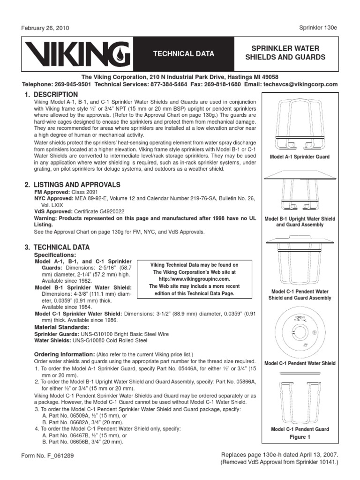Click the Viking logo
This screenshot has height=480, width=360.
point(75,53)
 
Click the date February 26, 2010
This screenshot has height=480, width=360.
point(45,28)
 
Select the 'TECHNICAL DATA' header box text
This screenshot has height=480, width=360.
point(180,54)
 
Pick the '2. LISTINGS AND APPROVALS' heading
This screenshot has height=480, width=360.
point(73,185)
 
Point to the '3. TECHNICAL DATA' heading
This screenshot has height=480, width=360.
point(57,247)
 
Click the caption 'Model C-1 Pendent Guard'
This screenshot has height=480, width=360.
point(300,429)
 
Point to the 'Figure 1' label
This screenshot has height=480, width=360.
point(300,437)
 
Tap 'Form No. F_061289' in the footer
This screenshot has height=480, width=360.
point(47,455)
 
